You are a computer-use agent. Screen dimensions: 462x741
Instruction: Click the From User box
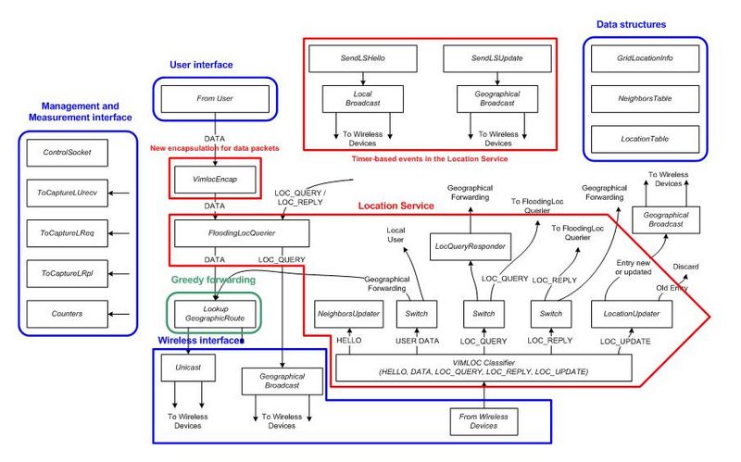click(214, 97)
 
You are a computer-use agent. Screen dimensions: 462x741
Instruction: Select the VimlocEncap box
click(214, 175)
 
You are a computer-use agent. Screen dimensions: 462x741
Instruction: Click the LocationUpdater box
click(630, 314)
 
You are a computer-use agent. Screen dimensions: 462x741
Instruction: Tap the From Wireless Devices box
click(484, 421)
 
